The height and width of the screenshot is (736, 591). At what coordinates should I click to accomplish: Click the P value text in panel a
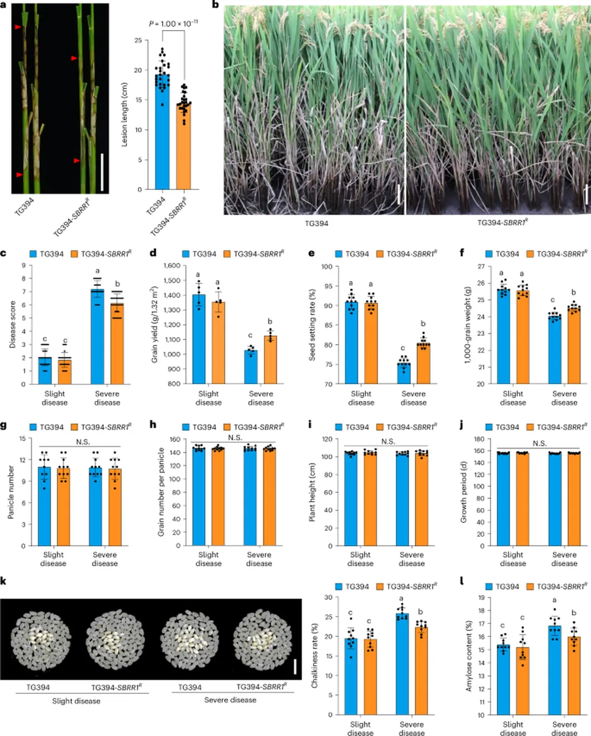173,24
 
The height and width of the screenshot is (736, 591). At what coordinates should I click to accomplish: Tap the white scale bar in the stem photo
102,171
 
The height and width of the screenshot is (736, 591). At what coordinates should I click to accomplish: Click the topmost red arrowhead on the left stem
18,28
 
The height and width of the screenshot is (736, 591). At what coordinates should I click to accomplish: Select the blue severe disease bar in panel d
250,367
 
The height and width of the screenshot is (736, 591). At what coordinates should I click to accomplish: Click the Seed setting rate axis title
312,324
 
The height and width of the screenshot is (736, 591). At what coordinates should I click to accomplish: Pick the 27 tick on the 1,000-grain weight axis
480,267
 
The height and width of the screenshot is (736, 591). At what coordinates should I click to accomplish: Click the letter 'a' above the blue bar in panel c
98,270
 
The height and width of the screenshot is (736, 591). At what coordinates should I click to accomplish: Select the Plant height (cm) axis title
312,492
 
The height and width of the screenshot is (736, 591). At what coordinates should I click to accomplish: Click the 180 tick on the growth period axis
479,439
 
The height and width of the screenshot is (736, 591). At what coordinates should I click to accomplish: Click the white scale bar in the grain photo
295,667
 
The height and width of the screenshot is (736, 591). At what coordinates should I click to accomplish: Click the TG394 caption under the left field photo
316,223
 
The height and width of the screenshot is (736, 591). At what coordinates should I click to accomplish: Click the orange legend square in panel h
227,427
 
